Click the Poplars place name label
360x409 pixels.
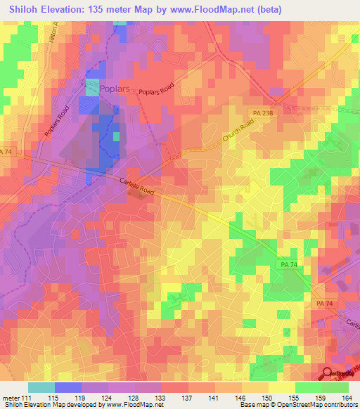point(116,89)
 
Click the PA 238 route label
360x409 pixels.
point(263,112)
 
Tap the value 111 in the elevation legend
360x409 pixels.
point(28,397)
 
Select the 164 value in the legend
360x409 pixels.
point(347,397)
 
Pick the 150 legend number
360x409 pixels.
point(268,397)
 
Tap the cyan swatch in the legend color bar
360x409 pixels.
point(41,387)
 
